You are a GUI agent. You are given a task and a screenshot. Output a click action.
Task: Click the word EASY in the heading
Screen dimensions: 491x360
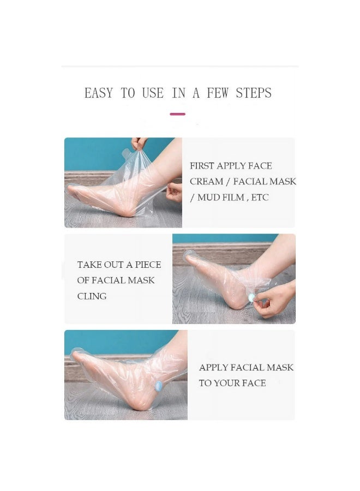pos(98,93)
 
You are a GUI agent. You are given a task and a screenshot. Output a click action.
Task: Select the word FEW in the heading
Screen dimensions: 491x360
pos(217,93)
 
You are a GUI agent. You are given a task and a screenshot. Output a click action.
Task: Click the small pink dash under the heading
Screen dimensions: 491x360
pos(177,114)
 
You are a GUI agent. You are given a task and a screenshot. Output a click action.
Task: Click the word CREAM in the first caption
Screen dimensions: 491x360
pos(206,181)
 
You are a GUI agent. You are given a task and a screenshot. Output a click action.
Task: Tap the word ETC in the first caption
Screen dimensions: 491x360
pos(260,197)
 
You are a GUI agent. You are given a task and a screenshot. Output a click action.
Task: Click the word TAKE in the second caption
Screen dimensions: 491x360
pos(89,265)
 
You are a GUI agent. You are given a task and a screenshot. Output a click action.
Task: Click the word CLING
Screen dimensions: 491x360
pos(92,296)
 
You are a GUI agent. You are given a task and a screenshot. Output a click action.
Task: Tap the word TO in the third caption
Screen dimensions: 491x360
pos(205,383)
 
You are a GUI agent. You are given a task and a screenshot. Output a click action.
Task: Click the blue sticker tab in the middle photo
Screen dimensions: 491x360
pos(251,297)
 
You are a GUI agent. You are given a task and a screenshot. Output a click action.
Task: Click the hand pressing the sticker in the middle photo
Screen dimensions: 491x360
pos(275,300)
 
